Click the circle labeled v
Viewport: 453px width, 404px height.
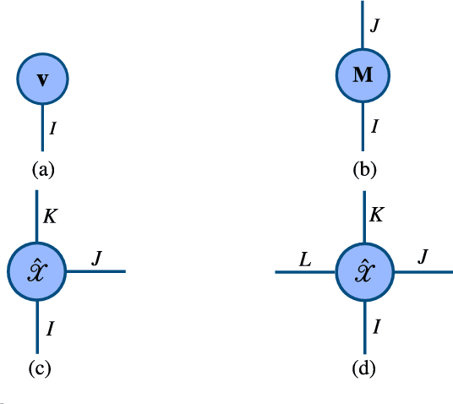click(x=42, y=79)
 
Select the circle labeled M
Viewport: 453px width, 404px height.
click(x=363, y=74)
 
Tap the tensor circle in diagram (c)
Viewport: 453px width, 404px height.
click(x=36, y=271)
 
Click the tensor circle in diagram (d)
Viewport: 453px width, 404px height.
click(x=363, y=272)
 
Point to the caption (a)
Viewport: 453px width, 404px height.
click(x=42, y=169)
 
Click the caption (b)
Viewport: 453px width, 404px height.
click(x=363, y=169)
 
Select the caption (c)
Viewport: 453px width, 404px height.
click(x=38, y=369)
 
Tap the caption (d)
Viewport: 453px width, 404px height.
click(x=364, y=369)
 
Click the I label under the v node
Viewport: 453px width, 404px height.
click(x=53, y=129)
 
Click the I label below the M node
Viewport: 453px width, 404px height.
click(x=374, y=127)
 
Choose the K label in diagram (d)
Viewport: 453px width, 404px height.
click(x=377, y=215)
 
